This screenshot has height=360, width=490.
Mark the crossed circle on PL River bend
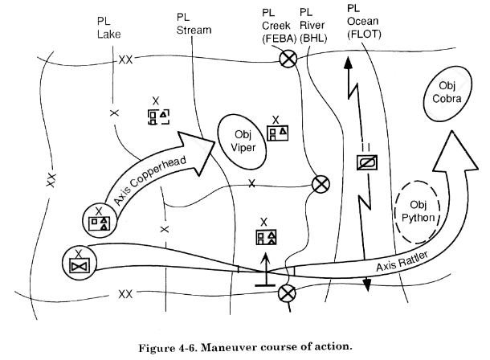[x=321, y=184]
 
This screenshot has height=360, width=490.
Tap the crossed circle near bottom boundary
[x=285, y=295]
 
